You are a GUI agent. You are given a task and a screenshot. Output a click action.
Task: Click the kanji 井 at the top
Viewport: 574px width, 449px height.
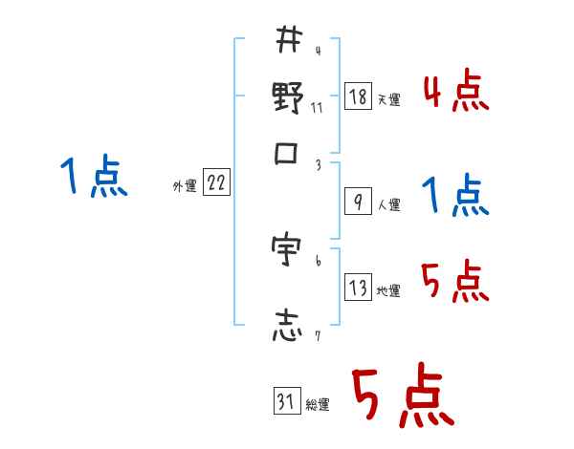tap(288, 42)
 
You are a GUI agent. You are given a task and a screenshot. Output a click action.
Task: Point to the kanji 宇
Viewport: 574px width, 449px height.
tap(288, 251)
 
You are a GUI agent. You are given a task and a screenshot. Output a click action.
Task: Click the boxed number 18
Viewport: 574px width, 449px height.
tap(357, 96)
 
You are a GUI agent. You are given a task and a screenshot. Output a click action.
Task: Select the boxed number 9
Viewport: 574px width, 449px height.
tap(357, 202)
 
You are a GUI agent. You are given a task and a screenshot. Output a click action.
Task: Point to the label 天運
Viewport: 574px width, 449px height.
tap(388, 99)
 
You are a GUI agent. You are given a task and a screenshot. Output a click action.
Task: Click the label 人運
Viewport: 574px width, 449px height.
tap(388, 204)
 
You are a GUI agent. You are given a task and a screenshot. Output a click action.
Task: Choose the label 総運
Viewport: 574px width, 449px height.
tap(318, 404)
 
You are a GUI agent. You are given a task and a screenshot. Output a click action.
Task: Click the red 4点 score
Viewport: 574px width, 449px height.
tap(455, 94)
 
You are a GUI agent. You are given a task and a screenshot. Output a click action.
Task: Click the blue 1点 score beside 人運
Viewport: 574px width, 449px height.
tap(455, 196)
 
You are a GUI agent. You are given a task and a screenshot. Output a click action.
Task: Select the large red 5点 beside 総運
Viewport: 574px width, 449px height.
tap(402, 396)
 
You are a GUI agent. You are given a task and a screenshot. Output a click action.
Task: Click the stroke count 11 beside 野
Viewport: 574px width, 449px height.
tap(317, 107)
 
